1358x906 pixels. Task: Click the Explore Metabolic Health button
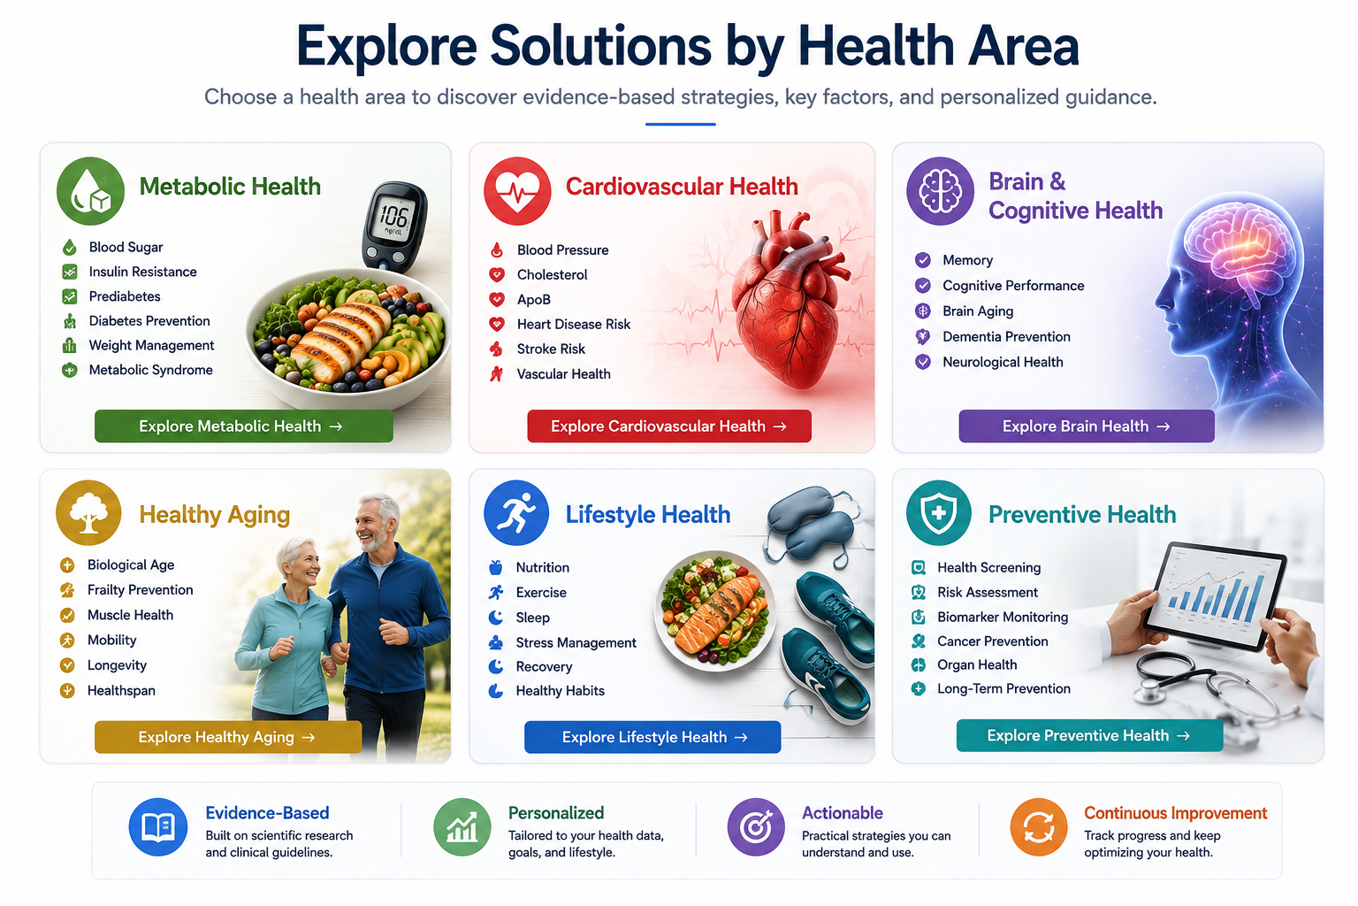(x=244, y=426)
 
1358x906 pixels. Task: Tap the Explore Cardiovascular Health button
(x=669, y=426)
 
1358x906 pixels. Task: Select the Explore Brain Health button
(x=1087, y=426)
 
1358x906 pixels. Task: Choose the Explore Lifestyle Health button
(x=652, y=737)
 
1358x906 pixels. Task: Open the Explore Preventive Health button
(x=1089, y=735)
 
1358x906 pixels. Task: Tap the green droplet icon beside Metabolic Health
(x=90, y=191)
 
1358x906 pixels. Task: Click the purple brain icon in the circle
(x=940, y=191)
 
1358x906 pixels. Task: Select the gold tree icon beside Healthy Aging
(x=88, y=513)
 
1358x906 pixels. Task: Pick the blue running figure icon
(x=516, y=513)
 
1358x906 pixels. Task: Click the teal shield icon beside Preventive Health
(x=938, y=513)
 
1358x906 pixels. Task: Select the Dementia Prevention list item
(x=993, y=336)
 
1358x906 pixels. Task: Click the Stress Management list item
(x=562, y=642)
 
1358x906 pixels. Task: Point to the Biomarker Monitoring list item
(x=990, y=617)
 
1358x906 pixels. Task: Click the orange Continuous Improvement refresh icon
(x=1039, y=826)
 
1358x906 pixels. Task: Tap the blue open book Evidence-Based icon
(x=158, y=826)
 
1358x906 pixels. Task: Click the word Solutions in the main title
(x=600, y=46)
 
